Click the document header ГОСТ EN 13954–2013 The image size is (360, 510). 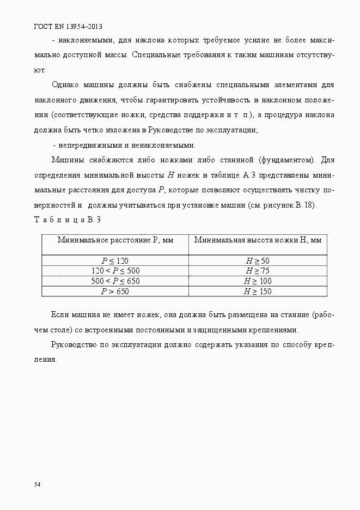point(68,26)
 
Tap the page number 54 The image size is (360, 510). point(37,484)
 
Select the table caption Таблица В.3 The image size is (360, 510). point(68,220)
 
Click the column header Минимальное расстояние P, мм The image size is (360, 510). point(115,240)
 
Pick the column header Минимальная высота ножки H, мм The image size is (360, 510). point(258,240)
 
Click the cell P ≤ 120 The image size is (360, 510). point(115,260)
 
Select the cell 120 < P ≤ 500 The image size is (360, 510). point(115,271)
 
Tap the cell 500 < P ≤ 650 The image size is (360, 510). point(115,281)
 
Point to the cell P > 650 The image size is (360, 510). point(115,292)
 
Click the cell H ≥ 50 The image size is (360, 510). point(258,260)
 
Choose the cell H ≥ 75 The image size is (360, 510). point(258,271)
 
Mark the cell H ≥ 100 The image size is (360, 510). point(258,281)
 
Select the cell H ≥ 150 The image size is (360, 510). point(258,292)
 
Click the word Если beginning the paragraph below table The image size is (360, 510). point(59,315)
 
